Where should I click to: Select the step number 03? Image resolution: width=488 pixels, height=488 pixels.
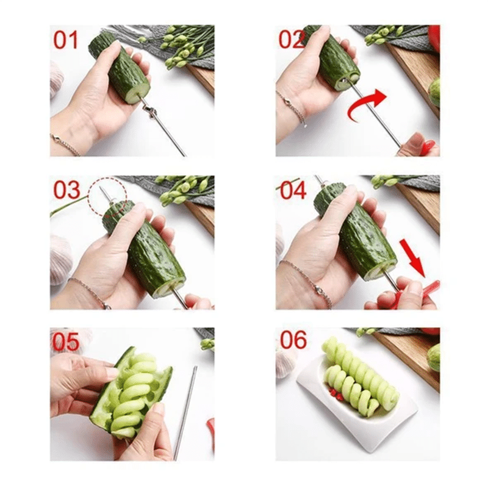(66, 190)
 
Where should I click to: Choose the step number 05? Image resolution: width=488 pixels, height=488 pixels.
(66, 342)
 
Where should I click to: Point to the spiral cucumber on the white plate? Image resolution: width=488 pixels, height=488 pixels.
(360, 378)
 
